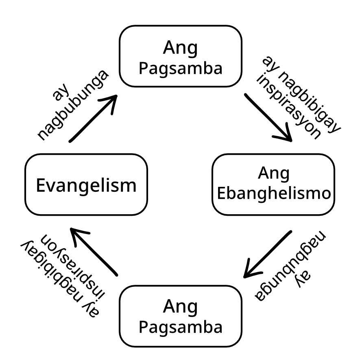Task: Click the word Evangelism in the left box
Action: (86, 186)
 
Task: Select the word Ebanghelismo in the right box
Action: (273, 193)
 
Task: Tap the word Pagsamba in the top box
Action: (180, 68)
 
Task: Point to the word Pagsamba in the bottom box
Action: (180, 326)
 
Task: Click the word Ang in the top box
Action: (180, 48)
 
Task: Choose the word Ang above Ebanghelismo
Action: (273, 174)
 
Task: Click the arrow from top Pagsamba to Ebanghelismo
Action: (268, 117)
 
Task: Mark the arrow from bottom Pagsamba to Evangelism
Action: (94, 252)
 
